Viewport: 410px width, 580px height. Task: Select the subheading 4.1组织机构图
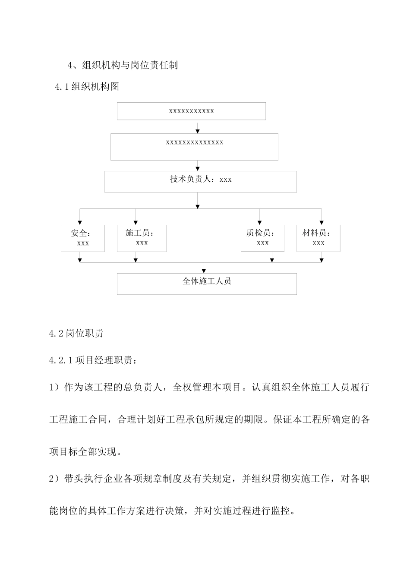click(x=87, y=87)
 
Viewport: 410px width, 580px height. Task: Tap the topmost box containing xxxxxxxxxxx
click(x=191, y=111)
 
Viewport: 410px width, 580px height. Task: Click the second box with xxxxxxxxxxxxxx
click(x=194, y=147)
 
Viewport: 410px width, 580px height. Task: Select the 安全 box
click(x=83, y=238)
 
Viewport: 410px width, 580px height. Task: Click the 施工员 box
click(x=142, y=238)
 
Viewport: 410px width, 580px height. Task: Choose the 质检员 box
click(x=262, y=238)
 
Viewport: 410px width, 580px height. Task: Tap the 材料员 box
click(x=318, y=238)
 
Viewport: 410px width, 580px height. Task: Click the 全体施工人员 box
click(x=207, y=284)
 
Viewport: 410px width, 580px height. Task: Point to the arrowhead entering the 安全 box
click(x=79, y=222)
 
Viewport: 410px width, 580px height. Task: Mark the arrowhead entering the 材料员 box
click(x=321, y=222)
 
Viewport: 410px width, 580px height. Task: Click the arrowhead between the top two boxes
click(x=197, y=131)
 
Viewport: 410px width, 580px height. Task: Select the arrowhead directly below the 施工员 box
click(x=136, y=260)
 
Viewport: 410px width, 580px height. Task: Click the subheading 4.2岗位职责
click(x=76, y=334)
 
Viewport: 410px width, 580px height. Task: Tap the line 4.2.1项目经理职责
click(x=94, y=360)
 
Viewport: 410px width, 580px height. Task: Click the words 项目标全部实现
click(x=86, y=452)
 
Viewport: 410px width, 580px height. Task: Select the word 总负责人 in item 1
click(x=143, y=387)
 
